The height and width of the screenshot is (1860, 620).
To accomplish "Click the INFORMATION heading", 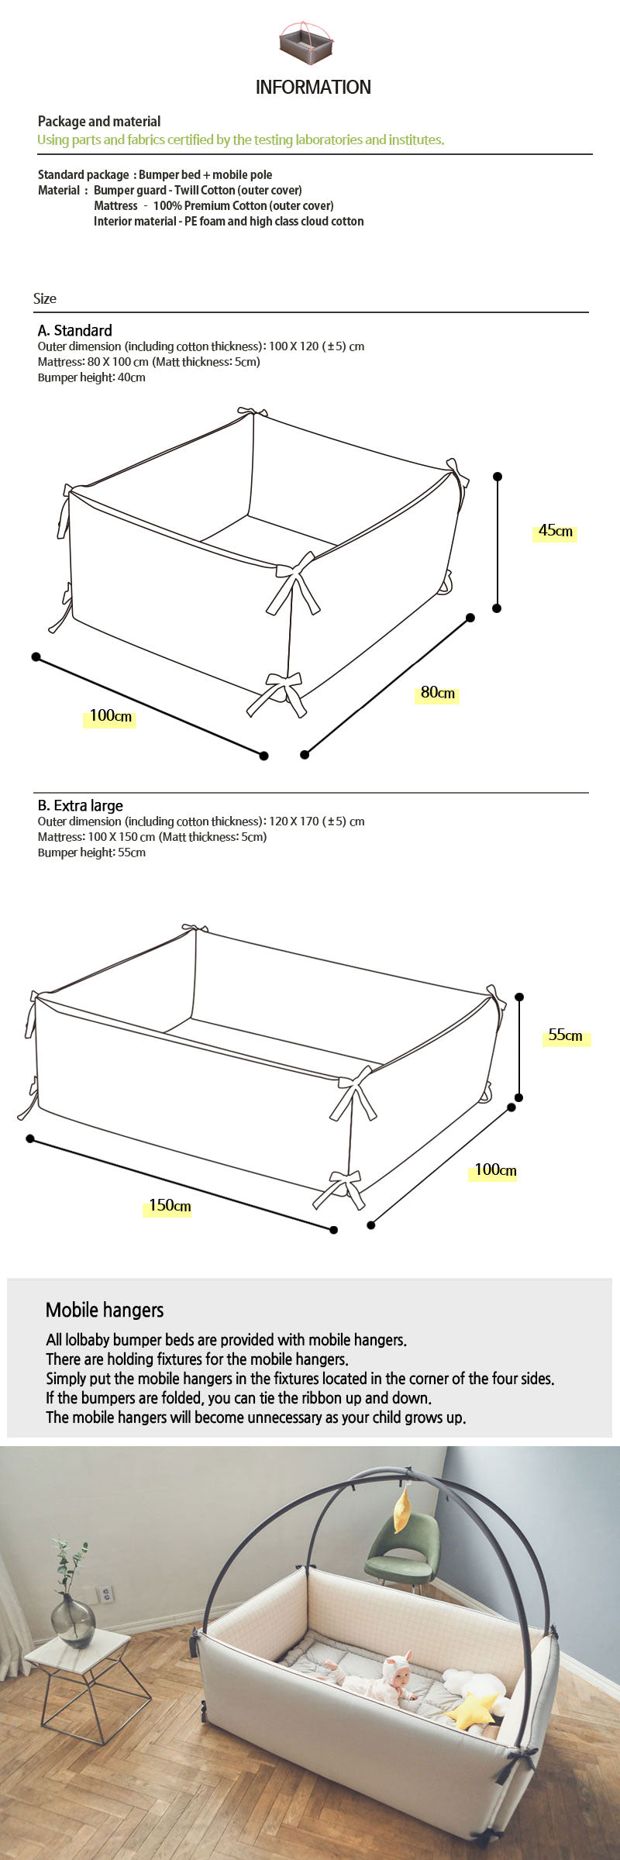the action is coord(313,87).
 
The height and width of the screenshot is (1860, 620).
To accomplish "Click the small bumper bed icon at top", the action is coord(306,43).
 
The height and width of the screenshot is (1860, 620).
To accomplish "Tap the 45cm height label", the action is coord(555,531).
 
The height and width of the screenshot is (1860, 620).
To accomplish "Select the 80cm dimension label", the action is coord(437,693).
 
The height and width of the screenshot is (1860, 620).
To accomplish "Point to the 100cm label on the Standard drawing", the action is coord(110,715).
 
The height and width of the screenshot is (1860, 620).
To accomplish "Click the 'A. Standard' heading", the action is coord(75,330).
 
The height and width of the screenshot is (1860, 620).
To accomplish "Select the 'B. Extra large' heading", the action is coord(81,805).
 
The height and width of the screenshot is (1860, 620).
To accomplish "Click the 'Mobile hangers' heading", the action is coord(105,1310).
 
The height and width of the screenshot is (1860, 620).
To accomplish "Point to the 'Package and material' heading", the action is coord(99,122).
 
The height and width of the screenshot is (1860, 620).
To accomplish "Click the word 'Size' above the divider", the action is coord(45,298).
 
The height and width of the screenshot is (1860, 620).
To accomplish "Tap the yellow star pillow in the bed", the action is coord(472,1710).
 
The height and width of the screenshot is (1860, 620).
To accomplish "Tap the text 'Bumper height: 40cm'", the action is coord(91,377).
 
